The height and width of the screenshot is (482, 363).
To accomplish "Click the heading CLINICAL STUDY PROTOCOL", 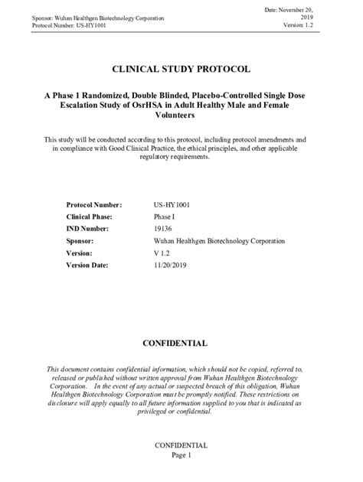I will click(x=181, y=69).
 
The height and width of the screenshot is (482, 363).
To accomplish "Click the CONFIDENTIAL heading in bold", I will click(x=181, y=343).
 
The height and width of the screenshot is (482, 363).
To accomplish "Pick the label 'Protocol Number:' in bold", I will click(x=94, y=205).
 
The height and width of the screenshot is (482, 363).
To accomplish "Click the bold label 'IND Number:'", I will click(x=89, y=229).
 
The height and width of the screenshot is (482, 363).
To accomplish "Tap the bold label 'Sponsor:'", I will click(x=82, y=240).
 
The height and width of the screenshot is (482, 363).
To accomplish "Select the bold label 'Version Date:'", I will click(x=88, y=265).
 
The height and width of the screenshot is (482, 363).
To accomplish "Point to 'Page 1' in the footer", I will click(x=181, y=454).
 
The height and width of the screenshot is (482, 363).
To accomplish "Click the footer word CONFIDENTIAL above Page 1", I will click(x=181, y=445).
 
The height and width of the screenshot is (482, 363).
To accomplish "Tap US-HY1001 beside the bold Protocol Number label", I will click(x=172, y=205).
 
